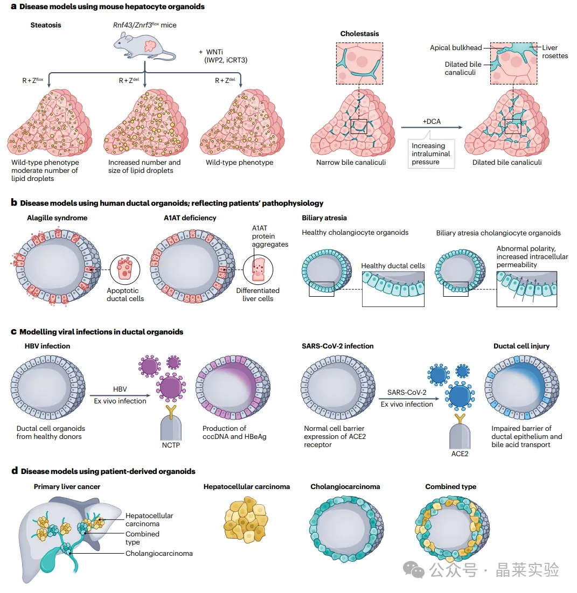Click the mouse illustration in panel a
[x=145, y=45]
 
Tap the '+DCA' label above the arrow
[x=430, y=121]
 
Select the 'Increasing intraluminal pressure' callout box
[x=429, y=154]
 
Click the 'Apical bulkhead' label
[x=455, y=48]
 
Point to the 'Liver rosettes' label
[x=554, y=52]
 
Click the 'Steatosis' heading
[x=46, y=25]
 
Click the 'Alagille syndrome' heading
[x=57, y=218]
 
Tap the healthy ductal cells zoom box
[x=393, y=289]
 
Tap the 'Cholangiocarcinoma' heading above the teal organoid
[x=345, y=486]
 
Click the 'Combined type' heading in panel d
[x=450, y=486]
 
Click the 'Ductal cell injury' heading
[x=521, y=346]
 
